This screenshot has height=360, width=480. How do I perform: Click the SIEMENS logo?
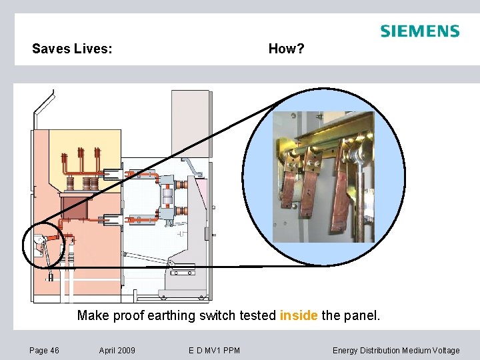pyautogui.click(x=419, y=31)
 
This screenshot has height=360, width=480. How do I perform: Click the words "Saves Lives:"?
pyautogui.click(x=72, y=49)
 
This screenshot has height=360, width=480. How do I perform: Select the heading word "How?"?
pyautogui.click(x=286, y=49)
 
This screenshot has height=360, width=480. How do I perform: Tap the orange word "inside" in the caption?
pyautogui.click(x=299, y=315)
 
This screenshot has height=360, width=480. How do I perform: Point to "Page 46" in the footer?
pyautogui.click(x=44, y=350)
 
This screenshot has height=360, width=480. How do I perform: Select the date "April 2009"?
pyautogui.click(x=117, y=350)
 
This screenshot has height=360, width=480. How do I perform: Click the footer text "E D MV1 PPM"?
pyautogui.click(x=215, y=350)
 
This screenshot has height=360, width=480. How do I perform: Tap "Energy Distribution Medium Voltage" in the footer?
pyautogui.click(x=396, y=350)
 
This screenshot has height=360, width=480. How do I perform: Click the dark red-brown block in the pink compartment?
pyautogui.click(x=79, y=207)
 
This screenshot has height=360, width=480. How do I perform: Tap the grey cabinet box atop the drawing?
pyautogui.click(x=191, y=123)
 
